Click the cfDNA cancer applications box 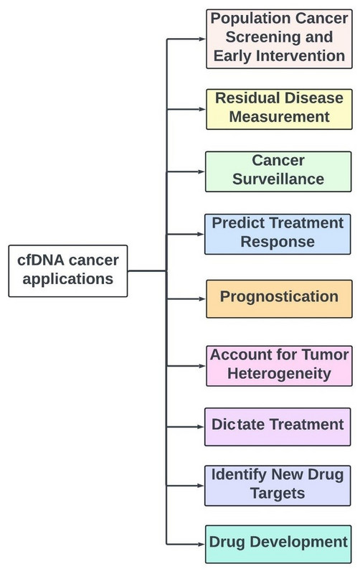coord(68,271)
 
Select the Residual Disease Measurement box coord(279,109)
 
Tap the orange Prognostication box coord(279,298)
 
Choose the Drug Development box coord(278,544)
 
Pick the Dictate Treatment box coord(278,427)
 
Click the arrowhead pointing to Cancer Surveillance coord(202,171)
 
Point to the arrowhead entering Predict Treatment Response coord(201,235)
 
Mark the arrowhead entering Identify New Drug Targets coord(201,486)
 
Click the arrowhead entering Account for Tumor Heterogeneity coord(202,366)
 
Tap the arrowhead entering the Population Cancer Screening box coord(202,39)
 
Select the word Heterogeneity coord(279,374)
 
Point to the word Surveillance coord(278,179)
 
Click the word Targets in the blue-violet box coord(278,494)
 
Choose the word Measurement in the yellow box coord(279,117)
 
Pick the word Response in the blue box coord(278,242)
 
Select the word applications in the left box coord(67,279)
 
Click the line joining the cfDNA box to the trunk coord(147,271)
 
